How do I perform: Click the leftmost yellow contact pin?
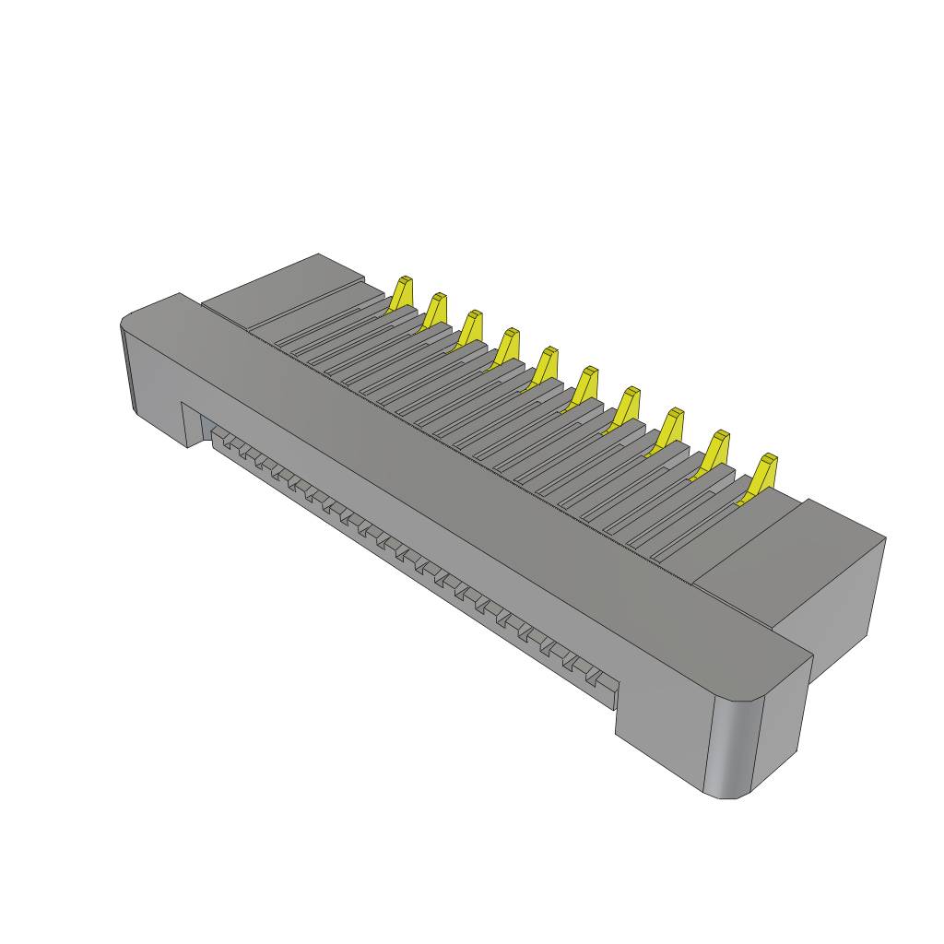pyautogui.click(x=401, y=292)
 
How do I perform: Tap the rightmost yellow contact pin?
pyautogui.click(x=762, y=473)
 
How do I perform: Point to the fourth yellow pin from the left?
pyautogui.click(x=506, y=346)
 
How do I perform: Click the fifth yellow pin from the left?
pyautogui.click(x=546, y=364)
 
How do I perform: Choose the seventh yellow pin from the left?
pyautogui.click(x=629, y=405)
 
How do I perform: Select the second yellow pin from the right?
pyautogui.click(x=716, y=449)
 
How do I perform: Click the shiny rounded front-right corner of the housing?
pyautogui.click(x=734, y=747)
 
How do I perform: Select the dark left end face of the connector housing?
pyautogui.click(x=128, y=369)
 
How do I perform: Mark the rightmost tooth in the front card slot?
pyautogui.click(x=606, y=682)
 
